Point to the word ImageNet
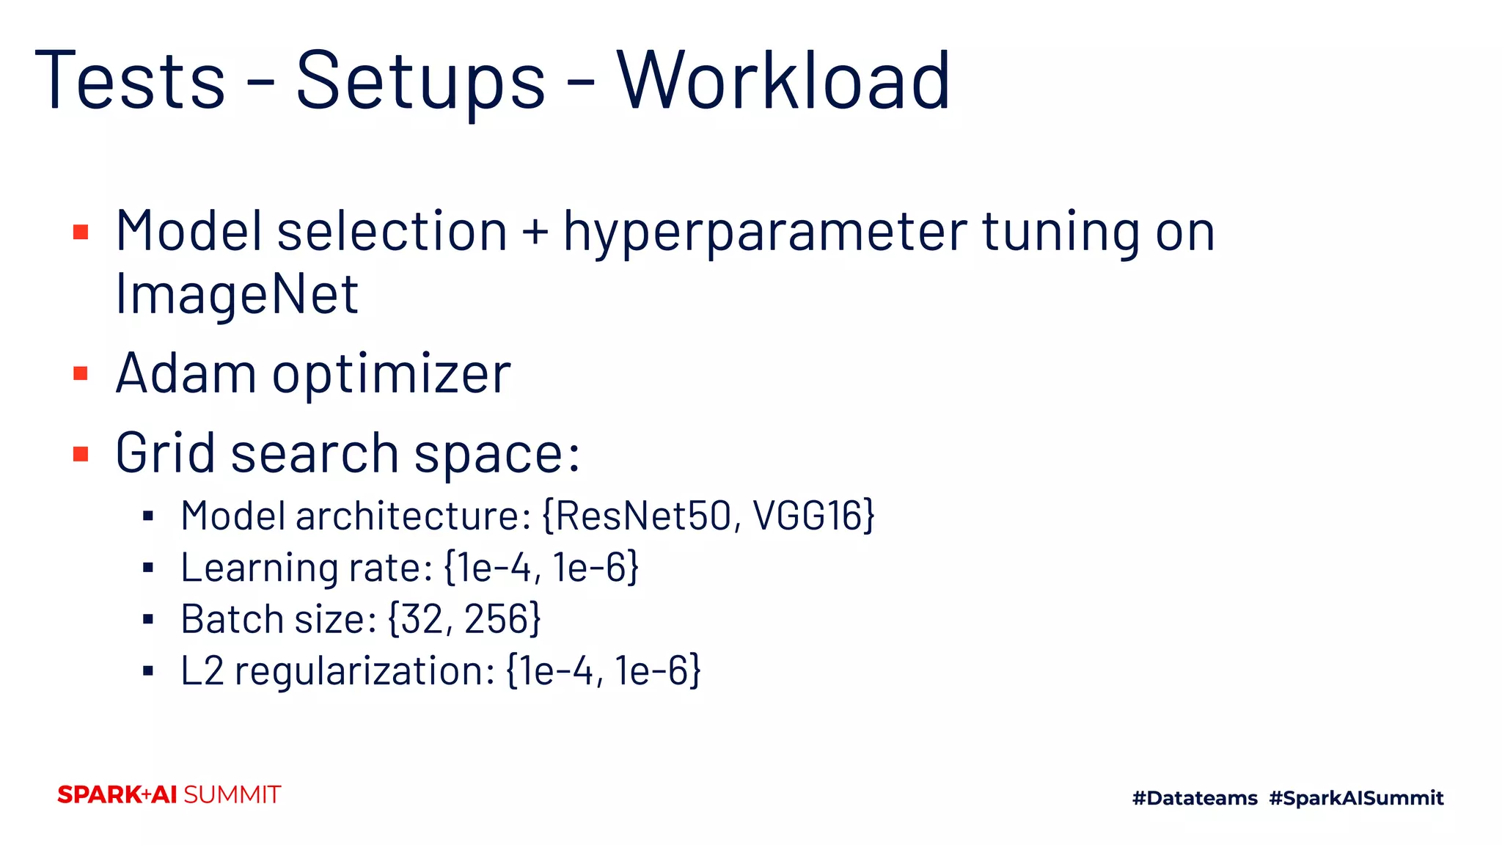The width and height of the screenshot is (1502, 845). click(237, 294)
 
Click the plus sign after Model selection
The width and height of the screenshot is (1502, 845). click(535, 232)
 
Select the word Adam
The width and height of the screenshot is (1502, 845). click(186, 373)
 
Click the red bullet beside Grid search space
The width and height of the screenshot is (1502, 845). click(81, 454)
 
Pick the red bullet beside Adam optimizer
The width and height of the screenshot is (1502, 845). click(81, 374)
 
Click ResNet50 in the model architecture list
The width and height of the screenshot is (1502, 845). click(643, 516)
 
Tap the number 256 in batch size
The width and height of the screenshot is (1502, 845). click(497, 619)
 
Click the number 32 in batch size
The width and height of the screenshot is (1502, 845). click(422, 619)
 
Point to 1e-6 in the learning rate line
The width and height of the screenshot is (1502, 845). click(590, 568)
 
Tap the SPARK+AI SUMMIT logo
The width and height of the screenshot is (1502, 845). click(169, 794)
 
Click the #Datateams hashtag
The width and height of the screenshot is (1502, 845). click(1195, 798)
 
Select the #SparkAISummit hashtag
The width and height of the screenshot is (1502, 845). click(1356, 798)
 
